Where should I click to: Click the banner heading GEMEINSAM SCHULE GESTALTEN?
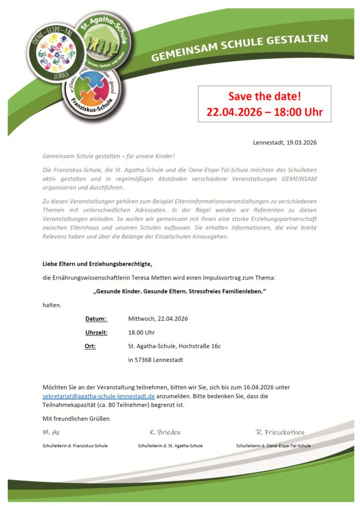coord(240,47)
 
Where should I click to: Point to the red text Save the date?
coord(264,97)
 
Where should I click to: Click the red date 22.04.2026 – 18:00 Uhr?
coord(264,112)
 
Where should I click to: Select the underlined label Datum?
coord(96,319)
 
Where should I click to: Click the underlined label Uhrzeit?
coord(96,333)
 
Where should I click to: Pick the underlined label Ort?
coord(90,346)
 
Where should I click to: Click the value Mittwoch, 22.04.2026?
coord(158,319)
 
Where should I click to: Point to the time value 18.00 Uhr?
coord(141,333)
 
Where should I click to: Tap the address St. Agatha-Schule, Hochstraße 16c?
coord(174,346)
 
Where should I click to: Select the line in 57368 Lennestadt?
coord(156,360)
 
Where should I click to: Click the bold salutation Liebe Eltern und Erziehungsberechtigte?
coord(97,264)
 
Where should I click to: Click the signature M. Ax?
coord(51,432)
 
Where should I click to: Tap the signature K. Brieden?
coord(165,432)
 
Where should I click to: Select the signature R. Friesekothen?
coord(280,432)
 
